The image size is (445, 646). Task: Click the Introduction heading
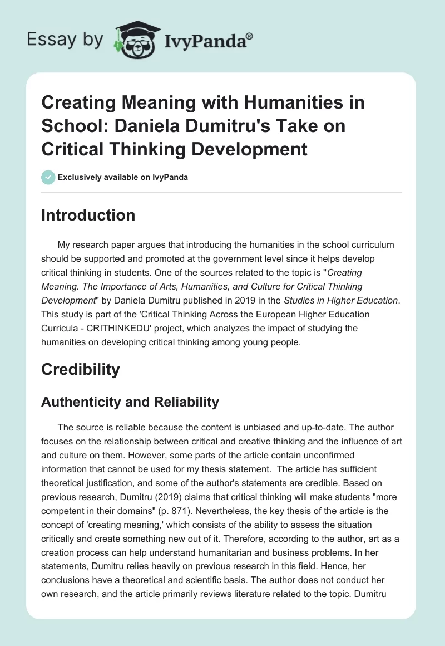pyautogui.click(x=88, y=216)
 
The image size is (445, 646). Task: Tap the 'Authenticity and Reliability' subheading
pyautogui.click(x=130, y=402)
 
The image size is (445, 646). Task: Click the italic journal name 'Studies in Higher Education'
pyautogui.click(x=347, y=301)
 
